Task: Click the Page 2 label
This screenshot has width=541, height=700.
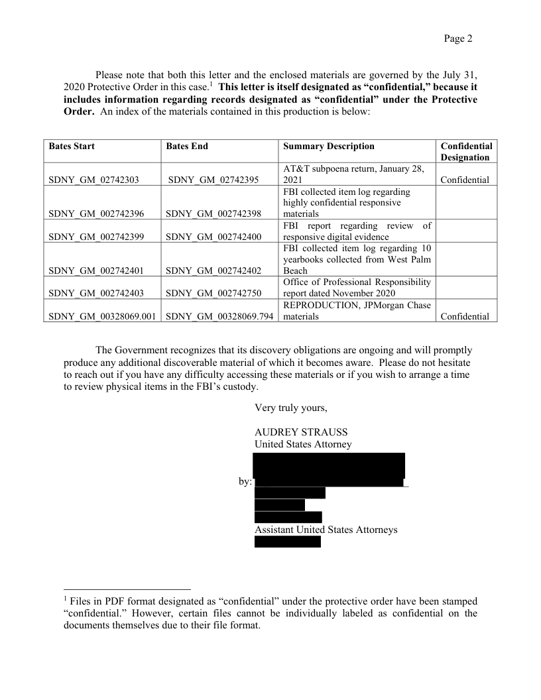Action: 458,38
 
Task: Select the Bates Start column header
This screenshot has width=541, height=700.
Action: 72,146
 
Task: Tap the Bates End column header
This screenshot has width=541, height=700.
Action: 187,146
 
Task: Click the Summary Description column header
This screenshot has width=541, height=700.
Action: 328,146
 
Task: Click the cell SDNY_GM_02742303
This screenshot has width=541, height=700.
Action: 93,180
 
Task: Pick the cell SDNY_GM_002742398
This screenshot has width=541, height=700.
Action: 213,213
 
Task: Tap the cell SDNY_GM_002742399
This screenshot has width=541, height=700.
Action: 95,237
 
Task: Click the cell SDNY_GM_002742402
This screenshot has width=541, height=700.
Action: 213,270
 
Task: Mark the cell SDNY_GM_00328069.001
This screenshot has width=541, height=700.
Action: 103,317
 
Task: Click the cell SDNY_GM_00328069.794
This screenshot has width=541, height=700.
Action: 219,317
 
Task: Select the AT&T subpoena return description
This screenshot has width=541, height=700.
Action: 353,174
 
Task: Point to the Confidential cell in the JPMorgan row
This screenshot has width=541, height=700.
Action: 465,317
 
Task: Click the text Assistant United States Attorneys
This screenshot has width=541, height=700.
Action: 326,530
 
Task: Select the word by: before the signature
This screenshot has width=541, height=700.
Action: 245,481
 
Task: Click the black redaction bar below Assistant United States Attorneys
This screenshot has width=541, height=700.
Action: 287,542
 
